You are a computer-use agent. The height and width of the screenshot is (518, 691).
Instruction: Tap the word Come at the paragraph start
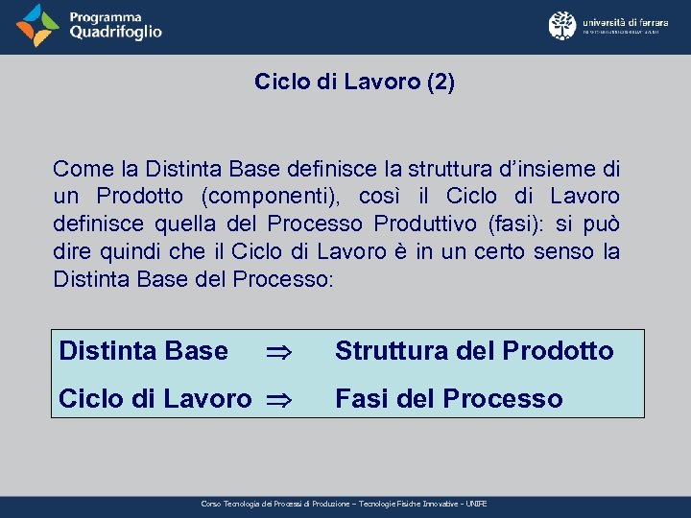[84, 170]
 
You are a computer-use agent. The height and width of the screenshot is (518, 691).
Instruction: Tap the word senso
[556, 252]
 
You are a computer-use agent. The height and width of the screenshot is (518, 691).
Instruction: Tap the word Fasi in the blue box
[361, 399]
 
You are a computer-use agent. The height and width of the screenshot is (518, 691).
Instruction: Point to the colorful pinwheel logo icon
[37, 26]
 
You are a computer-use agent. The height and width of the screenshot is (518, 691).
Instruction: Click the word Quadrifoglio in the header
[115, 33]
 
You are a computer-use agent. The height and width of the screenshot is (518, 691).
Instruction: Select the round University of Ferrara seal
[562, 26]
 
